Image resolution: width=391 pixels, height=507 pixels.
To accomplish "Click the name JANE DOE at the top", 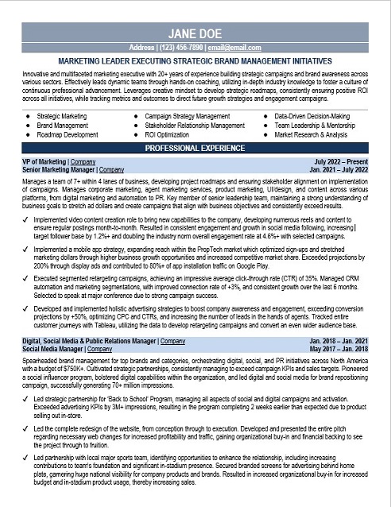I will pyautogui.click(x=195, y=33).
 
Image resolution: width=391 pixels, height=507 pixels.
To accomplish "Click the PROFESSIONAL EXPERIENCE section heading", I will pyautogui.click(x=195, y=148).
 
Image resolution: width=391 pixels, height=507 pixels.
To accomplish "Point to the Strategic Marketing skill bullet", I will pyautogui.click(x=62, y=116).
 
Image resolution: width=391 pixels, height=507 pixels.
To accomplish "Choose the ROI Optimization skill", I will pyautogui.click(x=172, y=134).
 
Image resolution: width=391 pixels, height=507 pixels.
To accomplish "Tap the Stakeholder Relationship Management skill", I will pyautogui.click(x=195, y=126).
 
